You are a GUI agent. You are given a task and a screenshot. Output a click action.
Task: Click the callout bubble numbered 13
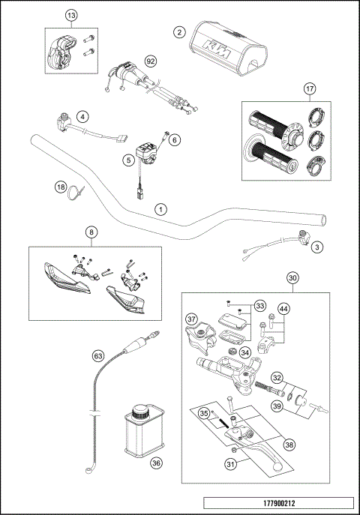click(x=71, y=16)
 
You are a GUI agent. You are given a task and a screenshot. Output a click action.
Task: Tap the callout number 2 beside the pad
click(x=179, y=32)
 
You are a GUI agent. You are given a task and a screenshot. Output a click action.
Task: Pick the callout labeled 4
click(x=82, y=116)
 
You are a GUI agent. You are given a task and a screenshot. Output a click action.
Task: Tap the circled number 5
click(x=129, y=159)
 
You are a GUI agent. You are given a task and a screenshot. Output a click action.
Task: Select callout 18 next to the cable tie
click(x=61, y=187)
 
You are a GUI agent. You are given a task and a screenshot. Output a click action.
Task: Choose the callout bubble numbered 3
click(x=317, y=246)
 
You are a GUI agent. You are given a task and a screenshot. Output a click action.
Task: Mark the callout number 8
click(x=90, y=233)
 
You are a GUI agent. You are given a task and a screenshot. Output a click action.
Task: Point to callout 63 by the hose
click(x=97, y=355)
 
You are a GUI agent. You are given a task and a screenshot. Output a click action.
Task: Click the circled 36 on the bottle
click(x=156, y=463)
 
